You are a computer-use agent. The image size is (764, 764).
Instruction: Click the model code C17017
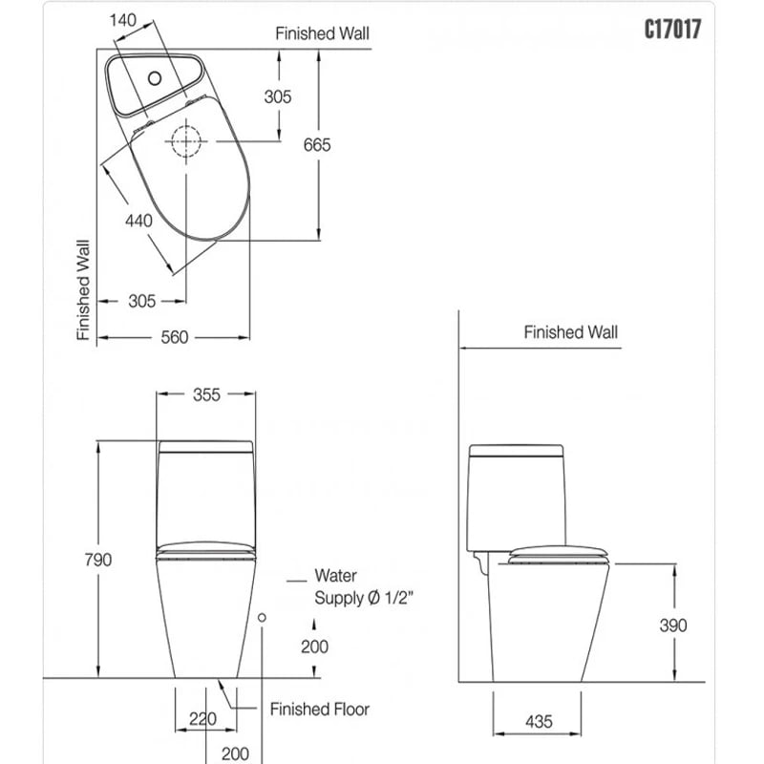(673, 30)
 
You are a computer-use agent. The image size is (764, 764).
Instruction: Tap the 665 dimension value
(316, 144)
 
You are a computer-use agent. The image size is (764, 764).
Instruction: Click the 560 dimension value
(175, 337)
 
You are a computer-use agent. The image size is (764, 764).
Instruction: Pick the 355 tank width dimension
(205, 394)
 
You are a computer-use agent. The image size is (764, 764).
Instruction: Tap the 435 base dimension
(538, 722)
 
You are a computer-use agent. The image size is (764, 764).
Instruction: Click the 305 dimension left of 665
(278, 96)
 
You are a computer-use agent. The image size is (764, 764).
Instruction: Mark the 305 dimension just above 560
(141, 301)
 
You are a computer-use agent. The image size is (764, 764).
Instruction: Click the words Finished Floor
(319, 709)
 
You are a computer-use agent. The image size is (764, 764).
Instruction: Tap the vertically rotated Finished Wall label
(83, 289)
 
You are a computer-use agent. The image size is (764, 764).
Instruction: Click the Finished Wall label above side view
(570, 332)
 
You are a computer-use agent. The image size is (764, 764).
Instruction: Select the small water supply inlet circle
(262, 618)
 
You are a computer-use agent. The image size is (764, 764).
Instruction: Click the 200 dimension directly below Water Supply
(314, 647)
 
